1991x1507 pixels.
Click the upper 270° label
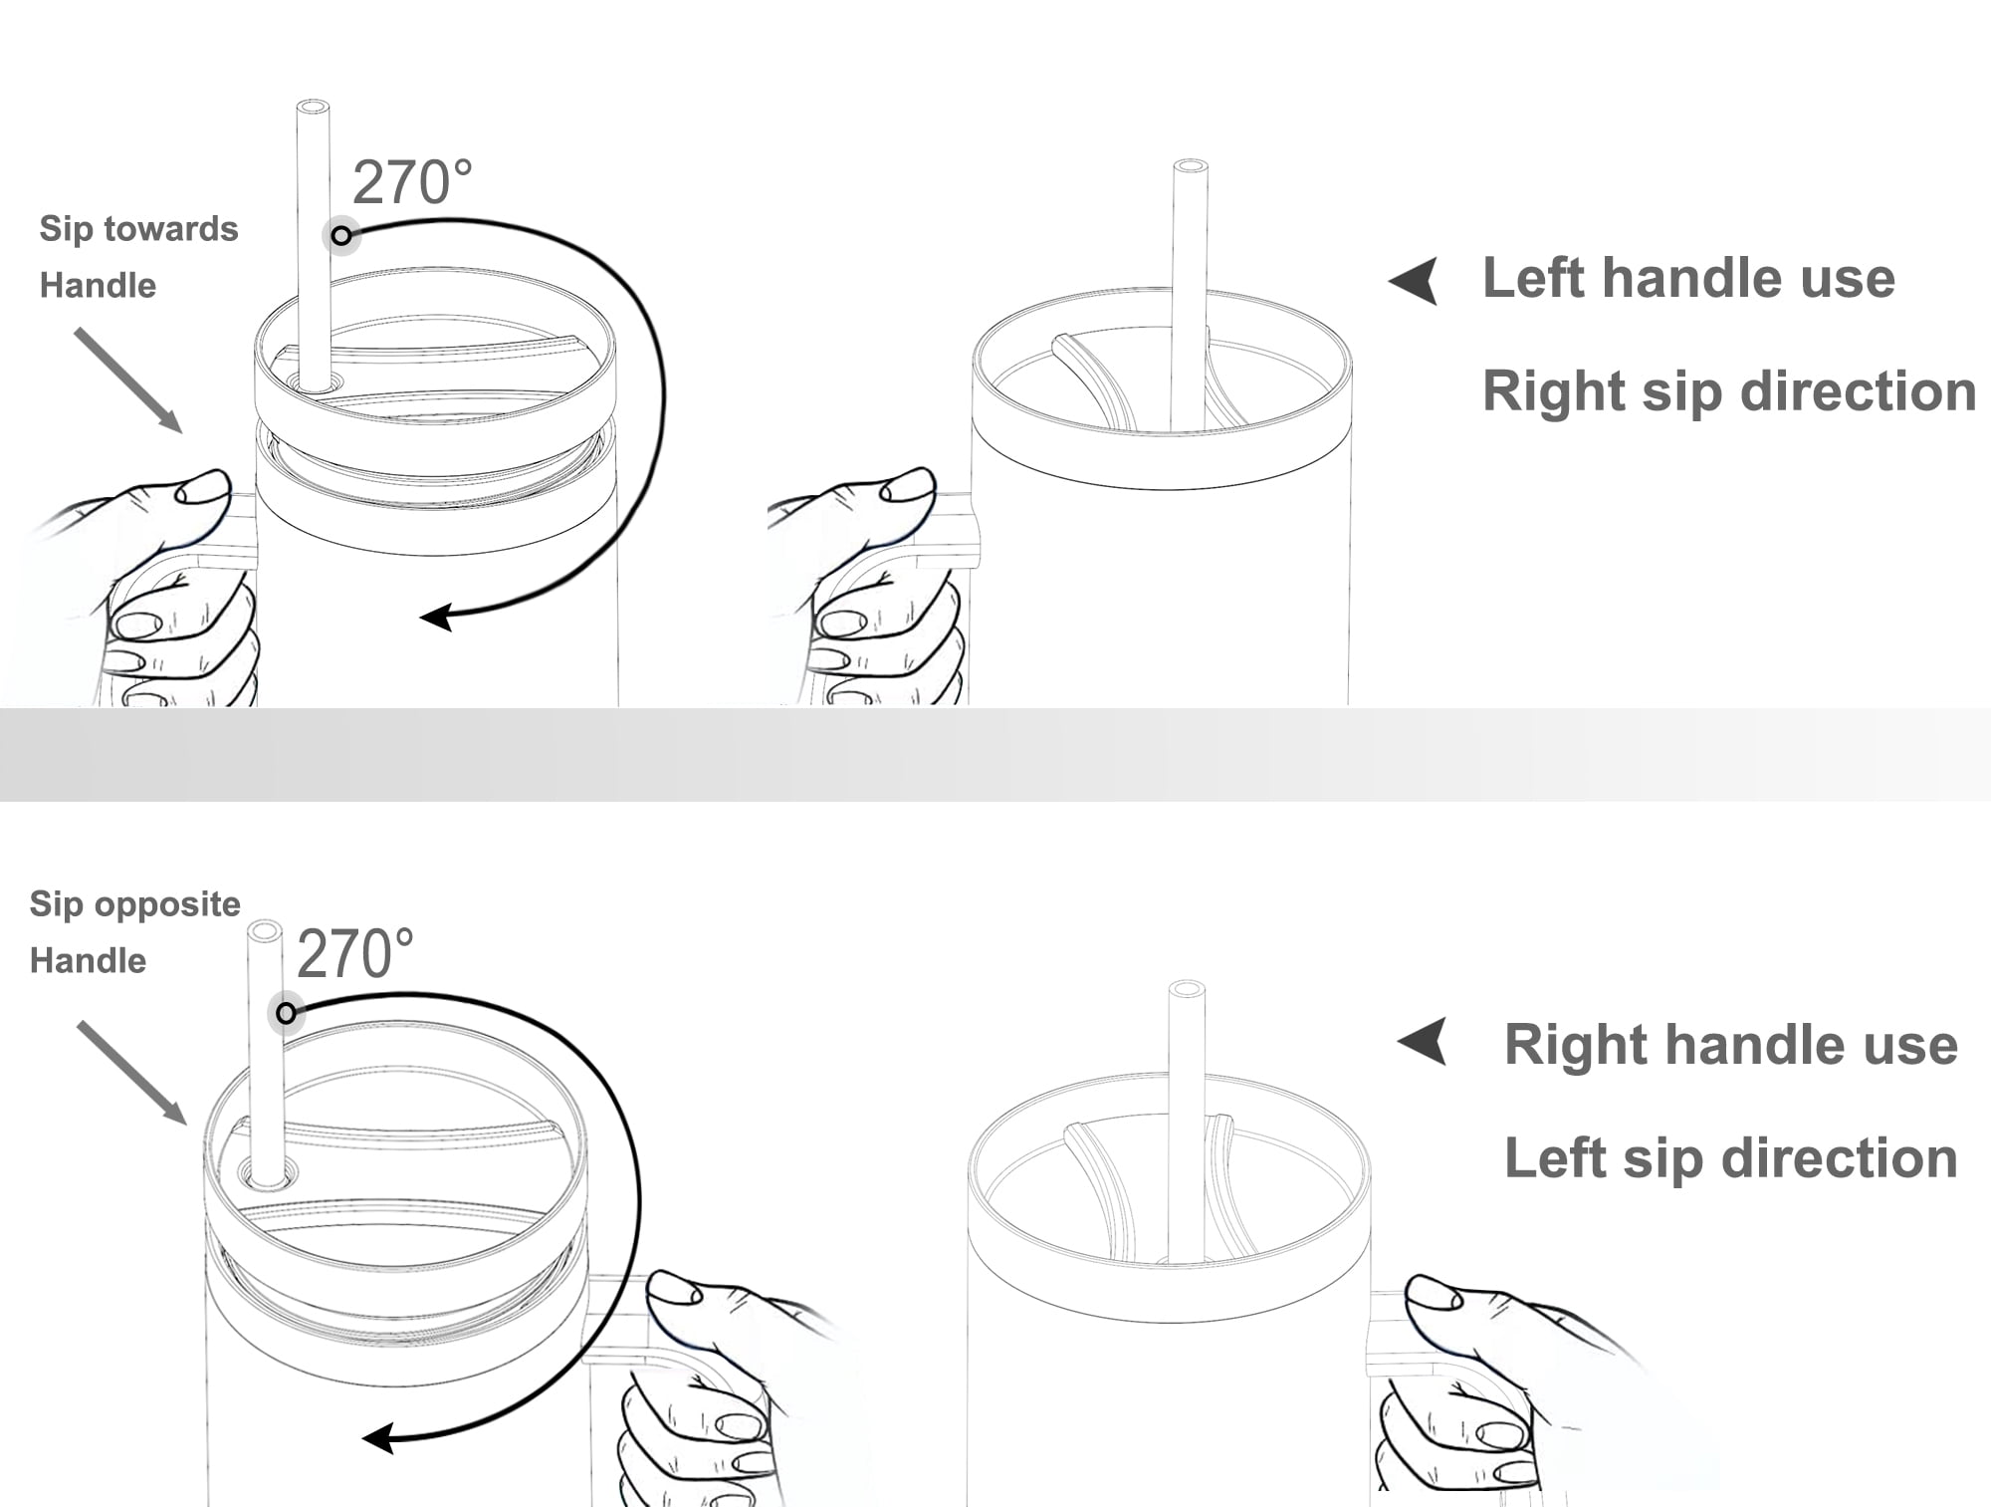tap(412, 182)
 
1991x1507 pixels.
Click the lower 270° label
tap(355, 953)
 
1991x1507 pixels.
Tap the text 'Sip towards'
tap(138, 230)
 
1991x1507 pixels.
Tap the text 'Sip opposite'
tap(134, 904)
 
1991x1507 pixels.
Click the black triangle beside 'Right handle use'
tap(1423, 1042)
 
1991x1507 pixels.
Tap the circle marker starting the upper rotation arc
tap(341, 236)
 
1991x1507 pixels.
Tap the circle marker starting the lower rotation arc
tap(286, 1014)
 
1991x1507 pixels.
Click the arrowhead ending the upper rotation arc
tap(436, 618)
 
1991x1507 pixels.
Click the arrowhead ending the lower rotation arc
tap(378, 1438)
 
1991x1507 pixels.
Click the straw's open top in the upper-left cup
tap(314, 107)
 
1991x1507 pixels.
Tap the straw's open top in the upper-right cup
tap(1191, 166)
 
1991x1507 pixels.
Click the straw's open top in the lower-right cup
tap(1186, 989)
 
